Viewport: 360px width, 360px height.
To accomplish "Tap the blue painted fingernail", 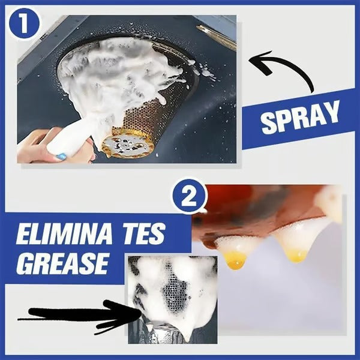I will pos(61,157).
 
